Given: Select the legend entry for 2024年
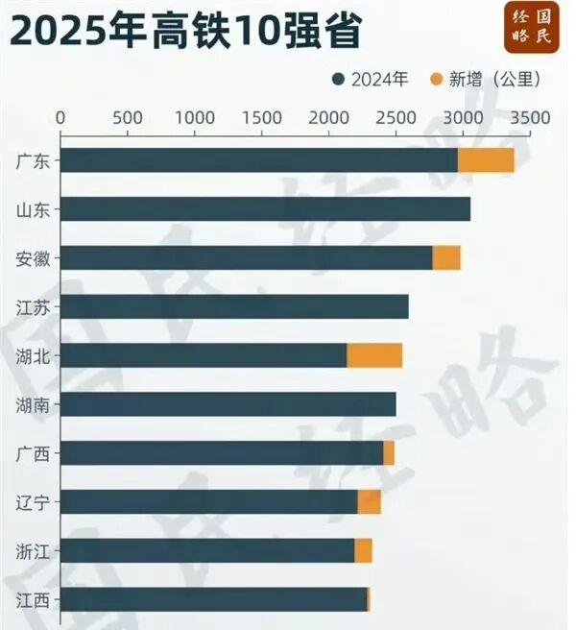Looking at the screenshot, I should pos(370,80).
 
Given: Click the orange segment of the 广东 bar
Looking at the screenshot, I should pos(486,160).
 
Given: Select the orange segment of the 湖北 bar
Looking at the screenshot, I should pos(374,355).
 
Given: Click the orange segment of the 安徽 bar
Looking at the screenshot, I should pos(446,257).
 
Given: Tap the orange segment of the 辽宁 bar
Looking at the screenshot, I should pos(370,501).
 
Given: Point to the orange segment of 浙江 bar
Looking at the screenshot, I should pos(363,550).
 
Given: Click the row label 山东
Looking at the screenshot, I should pos(34,209).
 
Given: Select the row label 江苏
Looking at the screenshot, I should pos(34,307).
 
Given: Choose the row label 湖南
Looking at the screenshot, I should pos(34,404).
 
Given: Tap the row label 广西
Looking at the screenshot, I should pos(34,453).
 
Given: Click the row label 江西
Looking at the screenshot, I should pos(34,600).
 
